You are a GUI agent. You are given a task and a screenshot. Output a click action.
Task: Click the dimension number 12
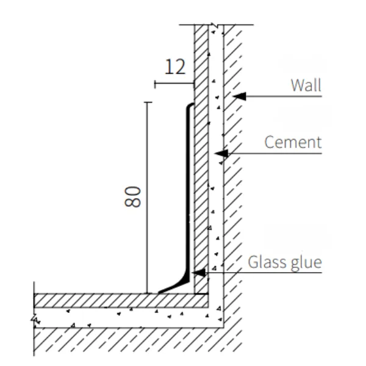click(x=175, y=66)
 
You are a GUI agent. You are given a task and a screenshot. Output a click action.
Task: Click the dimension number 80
click(x=132, y=197)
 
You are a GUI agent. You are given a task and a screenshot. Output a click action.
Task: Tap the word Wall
click(x=306, y=85)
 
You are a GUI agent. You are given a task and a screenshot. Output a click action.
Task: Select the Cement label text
click(x=293, y=142)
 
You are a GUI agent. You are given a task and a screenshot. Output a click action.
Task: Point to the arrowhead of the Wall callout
click(x=239, y=96)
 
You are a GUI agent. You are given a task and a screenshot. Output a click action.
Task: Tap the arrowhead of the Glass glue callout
click(x=198, y=273)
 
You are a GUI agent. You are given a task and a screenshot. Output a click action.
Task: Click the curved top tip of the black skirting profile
click(x=191, y=105)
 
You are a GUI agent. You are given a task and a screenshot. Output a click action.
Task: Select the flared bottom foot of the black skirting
click(x=174, y=286)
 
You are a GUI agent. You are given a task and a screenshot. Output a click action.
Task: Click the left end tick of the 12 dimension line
click(x=155, y=84)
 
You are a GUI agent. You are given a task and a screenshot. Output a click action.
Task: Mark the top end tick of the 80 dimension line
click(x=147, y=102)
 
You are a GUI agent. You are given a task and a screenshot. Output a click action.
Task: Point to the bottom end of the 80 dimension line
click(x=147, y=293)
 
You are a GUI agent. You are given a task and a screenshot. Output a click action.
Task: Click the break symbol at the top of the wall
click(x=215, y=25)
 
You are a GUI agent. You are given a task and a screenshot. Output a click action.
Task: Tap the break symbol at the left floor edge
click(x=35, y=319)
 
